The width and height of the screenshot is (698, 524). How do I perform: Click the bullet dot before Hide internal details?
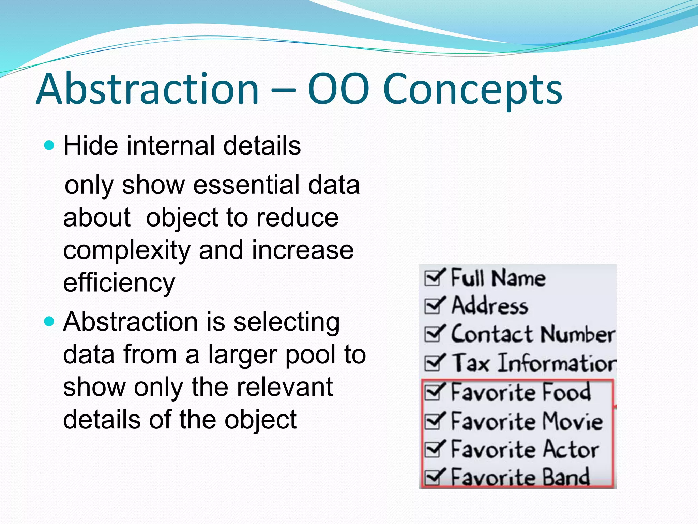(49, 146)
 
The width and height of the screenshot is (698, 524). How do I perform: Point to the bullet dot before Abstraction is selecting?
(49, 322)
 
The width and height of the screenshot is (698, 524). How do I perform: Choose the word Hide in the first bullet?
(91, 146)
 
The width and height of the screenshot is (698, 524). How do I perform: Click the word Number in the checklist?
(577, 334)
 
